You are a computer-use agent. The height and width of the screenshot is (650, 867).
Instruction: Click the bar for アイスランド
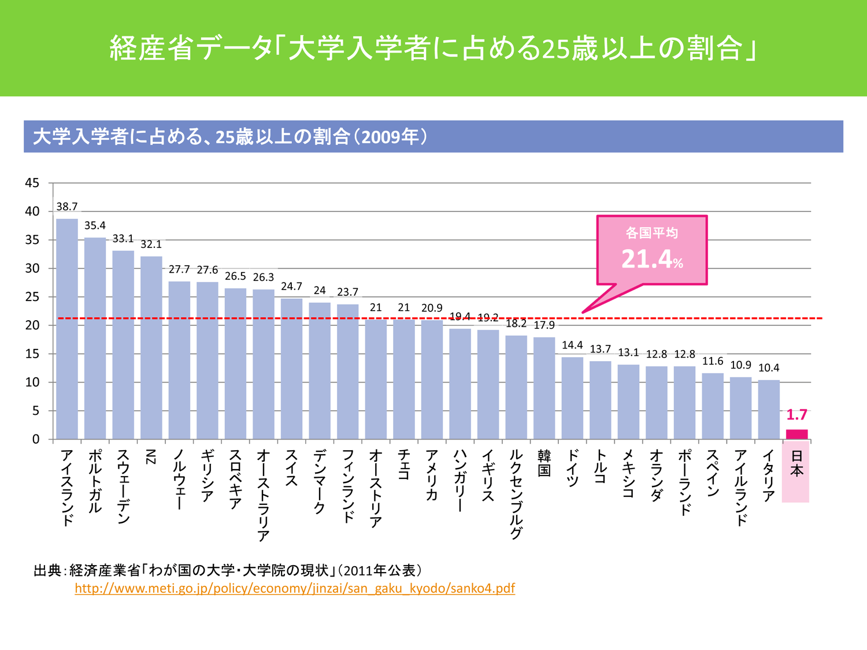point(67,329)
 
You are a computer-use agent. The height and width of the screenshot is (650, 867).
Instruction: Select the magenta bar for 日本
point(796,434)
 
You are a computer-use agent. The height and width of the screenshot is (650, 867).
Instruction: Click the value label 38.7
point(67,207)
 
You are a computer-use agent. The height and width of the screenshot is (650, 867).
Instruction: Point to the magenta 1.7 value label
point(796,415)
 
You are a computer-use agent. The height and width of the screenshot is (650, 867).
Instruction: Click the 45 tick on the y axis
point(32,183)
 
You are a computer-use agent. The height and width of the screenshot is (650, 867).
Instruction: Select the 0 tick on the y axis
point(36,439)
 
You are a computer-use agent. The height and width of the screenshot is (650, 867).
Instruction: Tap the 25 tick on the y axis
point(32,297)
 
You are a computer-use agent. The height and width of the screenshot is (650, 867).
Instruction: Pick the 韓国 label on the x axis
point(544,463)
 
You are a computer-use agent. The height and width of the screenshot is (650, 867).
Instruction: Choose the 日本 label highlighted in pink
point(796,463)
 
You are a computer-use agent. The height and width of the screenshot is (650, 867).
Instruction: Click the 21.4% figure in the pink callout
point(651,259)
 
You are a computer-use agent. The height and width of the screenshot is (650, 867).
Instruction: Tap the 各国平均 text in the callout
point(651,233)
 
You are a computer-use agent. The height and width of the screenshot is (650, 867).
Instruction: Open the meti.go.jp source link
point(295,588)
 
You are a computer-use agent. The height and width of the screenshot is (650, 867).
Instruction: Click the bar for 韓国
point(544,388)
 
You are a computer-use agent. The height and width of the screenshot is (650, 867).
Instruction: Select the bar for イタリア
point(769,410)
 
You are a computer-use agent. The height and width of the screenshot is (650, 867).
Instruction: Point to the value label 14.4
point(572,346)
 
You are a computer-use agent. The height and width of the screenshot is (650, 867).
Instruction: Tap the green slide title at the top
point(433,48)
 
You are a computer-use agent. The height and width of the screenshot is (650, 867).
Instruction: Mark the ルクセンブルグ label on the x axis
point(516,494)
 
